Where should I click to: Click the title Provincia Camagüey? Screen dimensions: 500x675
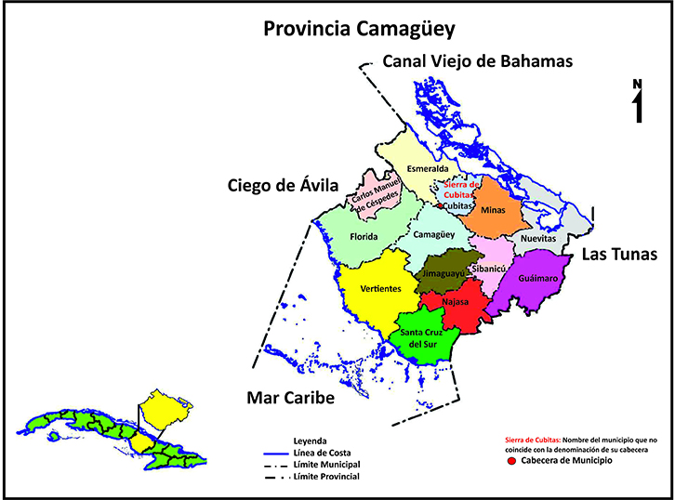359,29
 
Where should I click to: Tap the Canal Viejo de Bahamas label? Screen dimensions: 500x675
478,61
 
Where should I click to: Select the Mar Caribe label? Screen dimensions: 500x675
290,398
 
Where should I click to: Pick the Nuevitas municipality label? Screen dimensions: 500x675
537,238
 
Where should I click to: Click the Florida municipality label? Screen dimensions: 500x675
364,237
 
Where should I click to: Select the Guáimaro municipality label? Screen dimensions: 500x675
538,278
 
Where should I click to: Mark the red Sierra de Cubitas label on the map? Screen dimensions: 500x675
461,189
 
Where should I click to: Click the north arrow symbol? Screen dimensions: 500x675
638,103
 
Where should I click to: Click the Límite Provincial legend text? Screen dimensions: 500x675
324,476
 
